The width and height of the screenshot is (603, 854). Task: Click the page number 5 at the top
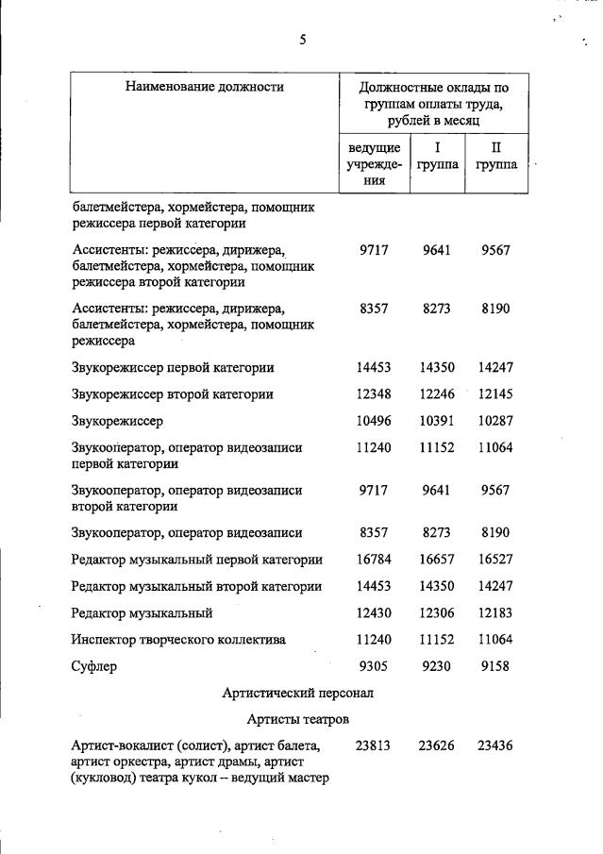pos(302,40)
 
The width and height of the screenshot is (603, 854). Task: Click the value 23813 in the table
pos(375,745)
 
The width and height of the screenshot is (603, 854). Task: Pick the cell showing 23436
pos(495,745)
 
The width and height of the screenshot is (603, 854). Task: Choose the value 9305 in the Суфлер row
pos(375,666)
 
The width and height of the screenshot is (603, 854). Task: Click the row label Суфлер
pos(94,667)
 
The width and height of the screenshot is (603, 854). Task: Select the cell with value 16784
pos(375,561)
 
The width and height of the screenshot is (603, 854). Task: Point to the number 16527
pos(495,561)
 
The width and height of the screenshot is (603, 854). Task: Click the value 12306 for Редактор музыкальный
pos(437,613)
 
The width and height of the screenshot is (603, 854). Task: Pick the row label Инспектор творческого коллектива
pos(178,640)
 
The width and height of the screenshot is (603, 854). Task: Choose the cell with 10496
pos(375,421)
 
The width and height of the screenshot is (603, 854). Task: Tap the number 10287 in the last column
pos(495,421)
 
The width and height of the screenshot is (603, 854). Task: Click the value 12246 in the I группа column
pos(437,394)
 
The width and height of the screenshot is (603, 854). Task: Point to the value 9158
pos(495,666)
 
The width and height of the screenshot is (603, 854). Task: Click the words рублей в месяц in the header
pos(433,122)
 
